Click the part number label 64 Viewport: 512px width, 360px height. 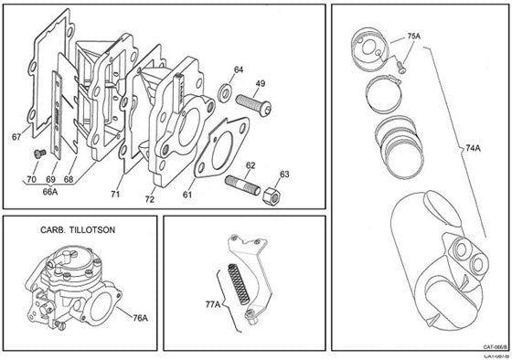238,69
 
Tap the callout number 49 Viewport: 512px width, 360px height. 260,83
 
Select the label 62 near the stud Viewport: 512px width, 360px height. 251,165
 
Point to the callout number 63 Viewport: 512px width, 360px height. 284,174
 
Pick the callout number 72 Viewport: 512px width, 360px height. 150,197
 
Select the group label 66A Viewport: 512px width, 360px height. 49,193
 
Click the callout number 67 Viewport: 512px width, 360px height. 16,137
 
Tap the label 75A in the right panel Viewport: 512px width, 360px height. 413,37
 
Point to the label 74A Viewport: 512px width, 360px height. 472,145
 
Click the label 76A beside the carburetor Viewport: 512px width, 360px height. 141,319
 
